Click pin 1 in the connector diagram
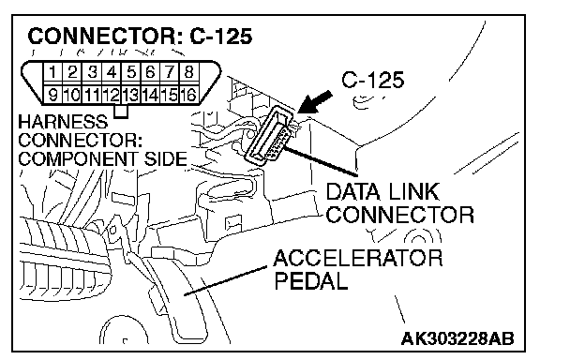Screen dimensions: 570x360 pos(53,72)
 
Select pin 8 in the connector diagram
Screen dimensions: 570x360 pos(188,72)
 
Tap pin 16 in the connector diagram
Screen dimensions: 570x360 pos(188,95)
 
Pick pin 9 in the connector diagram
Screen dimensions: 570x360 pos(53,95)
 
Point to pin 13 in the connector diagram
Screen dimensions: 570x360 pos(130,95)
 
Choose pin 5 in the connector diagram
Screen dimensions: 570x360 pos(130,72)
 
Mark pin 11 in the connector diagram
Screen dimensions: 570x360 pos(92,95)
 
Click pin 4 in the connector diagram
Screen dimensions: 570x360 pos(112,72)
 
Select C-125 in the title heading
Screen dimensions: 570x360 pos(221,37)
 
